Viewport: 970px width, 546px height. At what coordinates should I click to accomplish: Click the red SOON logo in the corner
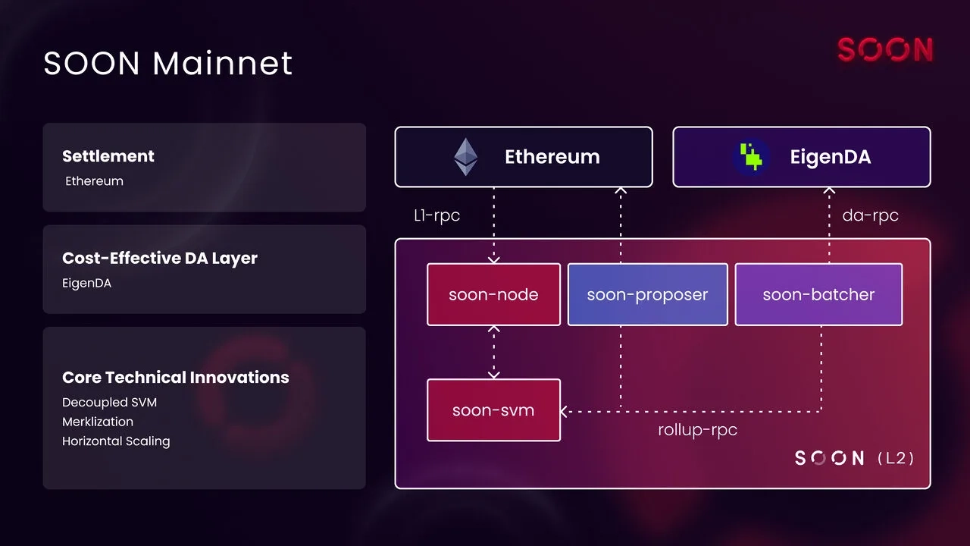(x=884, y=50)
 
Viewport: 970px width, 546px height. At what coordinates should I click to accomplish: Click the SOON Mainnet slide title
(x=167, y=63)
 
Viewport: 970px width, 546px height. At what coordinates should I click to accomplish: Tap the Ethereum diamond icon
(x=466, y=157)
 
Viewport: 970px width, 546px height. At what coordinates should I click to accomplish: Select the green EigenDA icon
(x=751, y=157)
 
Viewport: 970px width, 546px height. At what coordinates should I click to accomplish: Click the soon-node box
(x=493, y=295)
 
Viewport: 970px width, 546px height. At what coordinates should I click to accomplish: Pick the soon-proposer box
(x=647, y=295)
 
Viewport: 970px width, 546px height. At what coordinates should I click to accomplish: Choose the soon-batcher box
(x=818, y=295)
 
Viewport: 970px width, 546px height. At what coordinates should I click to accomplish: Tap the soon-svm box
(x=493, y=410)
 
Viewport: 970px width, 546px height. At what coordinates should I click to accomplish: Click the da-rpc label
(x=870, y=215)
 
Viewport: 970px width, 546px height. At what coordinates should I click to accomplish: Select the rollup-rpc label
(x=697, y=430)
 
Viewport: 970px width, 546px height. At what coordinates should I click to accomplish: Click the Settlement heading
(x=108, y=156)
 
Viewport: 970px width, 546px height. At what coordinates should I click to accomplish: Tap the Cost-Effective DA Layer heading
(x=160, y=258)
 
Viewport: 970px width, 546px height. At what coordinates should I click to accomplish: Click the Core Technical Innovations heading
(x=176, y=378)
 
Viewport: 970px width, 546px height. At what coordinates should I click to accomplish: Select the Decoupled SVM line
(x=109, y=402)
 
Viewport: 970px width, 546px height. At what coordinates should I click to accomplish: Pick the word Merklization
(x=98, y=422)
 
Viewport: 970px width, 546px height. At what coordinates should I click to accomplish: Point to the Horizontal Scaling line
(x=116, y=441)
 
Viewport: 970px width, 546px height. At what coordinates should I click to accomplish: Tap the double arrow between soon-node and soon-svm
(x=494, y=352)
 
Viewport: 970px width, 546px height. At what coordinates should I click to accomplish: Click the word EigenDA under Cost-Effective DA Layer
(x=86, y=283)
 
